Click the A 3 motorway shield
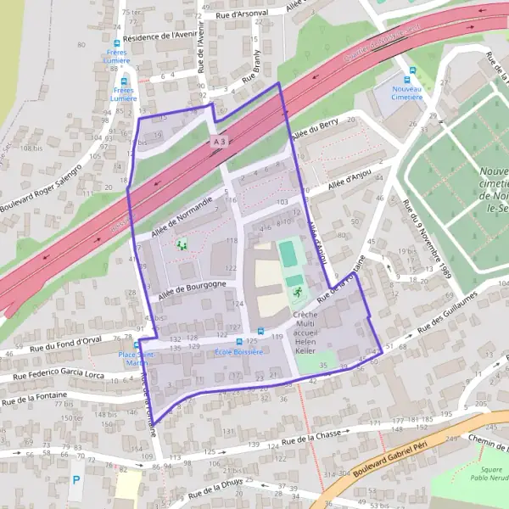pos(221,141)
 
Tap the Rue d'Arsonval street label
pos(242,14)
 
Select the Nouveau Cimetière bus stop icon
pos(412,71)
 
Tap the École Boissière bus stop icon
pos(261,331)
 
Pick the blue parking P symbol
pos(76,480)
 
